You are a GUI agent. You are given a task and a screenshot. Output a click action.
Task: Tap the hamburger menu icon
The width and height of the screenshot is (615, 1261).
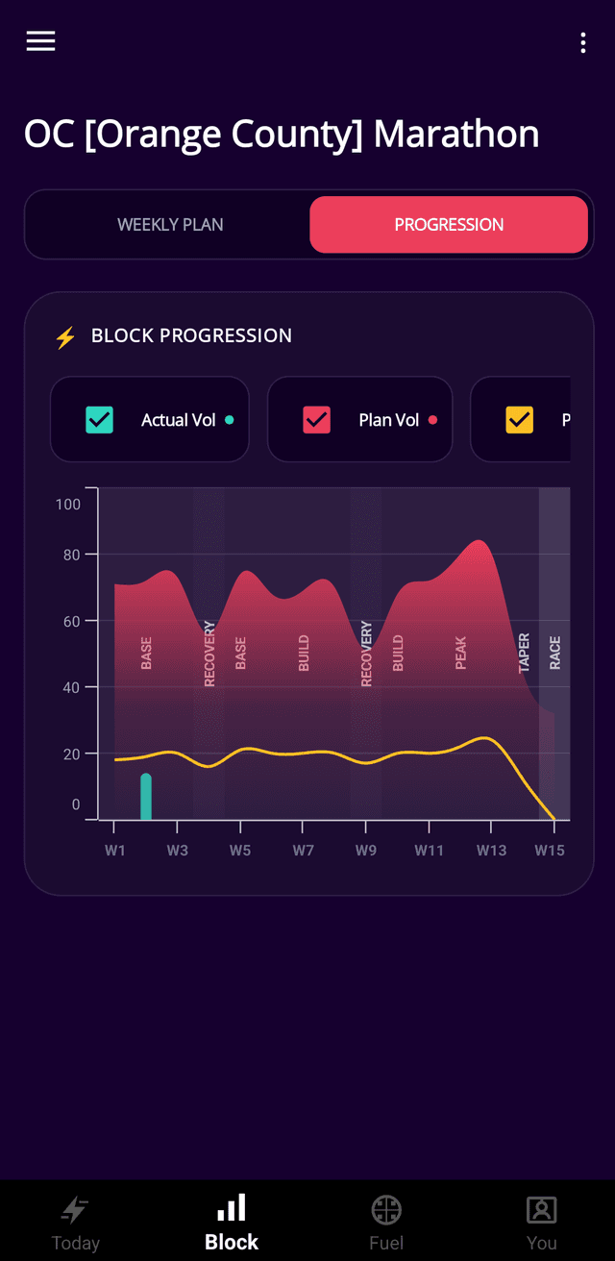point(40,41)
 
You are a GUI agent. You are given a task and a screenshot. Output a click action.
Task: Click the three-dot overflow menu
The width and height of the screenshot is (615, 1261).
point(583,43)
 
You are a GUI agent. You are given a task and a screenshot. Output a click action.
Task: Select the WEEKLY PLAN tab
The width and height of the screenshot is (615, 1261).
point(170,225)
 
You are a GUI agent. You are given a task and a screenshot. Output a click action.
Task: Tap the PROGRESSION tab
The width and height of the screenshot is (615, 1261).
point(449,225)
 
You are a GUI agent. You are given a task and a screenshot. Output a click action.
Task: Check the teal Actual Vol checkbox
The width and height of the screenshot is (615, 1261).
point(100,419)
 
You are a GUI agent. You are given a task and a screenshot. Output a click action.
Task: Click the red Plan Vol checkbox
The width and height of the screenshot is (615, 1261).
point(317,419)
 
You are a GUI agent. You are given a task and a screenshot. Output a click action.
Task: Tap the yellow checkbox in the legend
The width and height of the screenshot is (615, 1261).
point(519,419)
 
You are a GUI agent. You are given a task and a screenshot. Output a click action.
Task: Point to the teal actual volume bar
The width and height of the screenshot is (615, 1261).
point(146,796)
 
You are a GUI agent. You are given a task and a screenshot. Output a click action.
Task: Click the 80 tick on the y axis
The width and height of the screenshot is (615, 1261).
point(71,556)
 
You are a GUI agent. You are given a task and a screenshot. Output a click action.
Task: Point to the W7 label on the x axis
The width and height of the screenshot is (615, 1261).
point(303,850)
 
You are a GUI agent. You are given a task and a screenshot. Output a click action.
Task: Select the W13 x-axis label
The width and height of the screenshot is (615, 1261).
point(491,850)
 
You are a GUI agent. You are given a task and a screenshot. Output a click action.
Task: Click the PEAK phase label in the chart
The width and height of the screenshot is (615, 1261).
point(461,653)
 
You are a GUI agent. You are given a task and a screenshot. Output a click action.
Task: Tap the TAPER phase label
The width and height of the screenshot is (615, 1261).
point(524,653)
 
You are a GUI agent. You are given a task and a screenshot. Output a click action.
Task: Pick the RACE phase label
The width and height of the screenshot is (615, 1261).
point(554,653)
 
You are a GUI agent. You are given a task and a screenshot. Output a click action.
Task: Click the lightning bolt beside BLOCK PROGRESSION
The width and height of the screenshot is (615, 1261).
point(66,337)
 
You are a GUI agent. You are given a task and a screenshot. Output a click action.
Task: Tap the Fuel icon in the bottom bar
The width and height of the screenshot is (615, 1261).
point(386,1210)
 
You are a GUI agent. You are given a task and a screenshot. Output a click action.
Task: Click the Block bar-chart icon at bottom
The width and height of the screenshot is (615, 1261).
point(232,1207)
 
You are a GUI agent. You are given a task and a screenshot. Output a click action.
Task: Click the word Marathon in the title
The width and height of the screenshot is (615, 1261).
point(456,134)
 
